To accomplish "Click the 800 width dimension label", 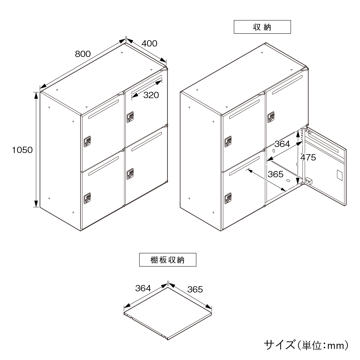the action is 83,54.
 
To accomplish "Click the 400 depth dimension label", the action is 149,43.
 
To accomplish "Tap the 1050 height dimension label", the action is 22,150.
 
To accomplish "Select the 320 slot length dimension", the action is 151,95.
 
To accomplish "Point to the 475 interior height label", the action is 308,157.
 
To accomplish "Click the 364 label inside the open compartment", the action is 282,144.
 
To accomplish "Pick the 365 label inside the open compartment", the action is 276,174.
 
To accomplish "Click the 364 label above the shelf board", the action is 143,288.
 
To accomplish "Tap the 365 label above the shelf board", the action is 195,289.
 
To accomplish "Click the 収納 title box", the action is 262,27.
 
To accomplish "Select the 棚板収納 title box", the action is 168,260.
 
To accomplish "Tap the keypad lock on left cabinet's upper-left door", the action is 87,142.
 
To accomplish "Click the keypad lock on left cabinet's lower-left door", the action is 87,198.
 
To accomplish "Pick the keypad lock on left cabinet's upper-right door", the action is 130,117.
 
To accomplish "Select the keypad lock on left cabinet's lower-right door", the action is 130,174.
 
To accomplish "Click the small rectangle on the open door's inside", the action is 339,175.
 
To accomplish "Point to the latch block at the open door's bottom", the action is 309,181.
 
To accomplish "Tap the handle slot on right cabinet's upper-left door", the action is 244,109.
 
